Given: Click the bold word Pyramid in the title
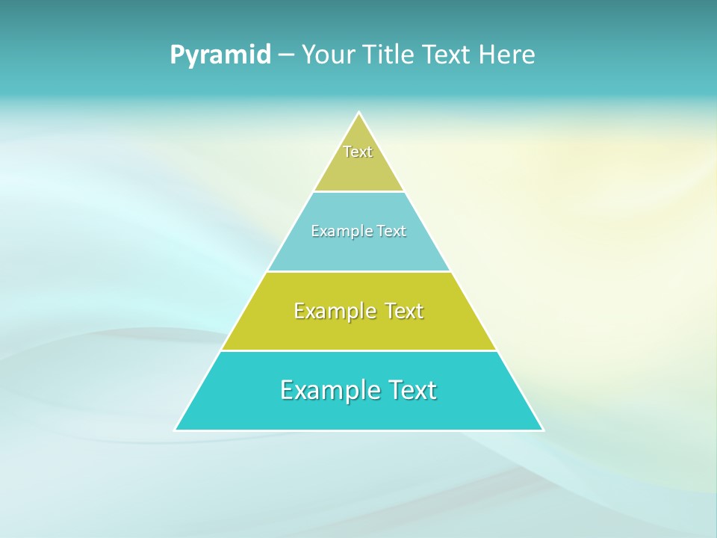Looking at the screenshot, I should pos(220,55).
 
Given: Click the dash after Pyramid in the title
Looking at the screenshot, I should pos(285,55).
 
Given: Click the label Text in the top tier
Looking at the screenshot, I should pos(358,152).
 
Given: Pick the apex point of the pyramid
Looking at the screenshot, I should pos(359,113).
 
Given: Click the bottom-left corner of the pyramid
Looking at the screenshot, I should pos(176,430).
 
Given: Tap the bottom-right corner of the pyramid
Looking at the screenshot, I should pos(543,430).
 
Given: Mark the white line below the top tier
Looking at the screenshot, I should pos(359,192).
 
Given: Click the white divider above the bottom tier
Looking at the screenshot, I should pos(359,350).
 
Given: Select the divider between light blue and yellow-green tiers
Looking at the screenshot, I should pos(359,271).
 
